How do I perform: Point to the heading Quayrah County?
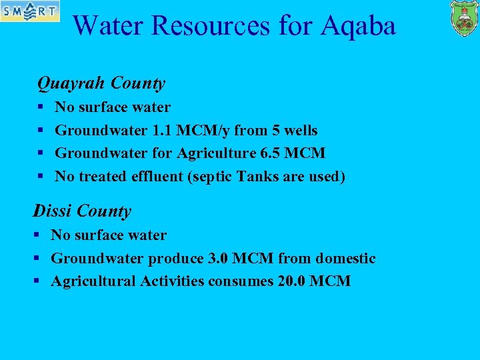[101, 83]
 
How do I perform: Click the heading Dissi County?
[82, 211]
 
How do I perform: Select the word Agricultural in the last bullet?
[94, 281]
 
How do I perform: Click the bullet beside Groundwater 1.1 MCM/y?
[41, 130]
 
